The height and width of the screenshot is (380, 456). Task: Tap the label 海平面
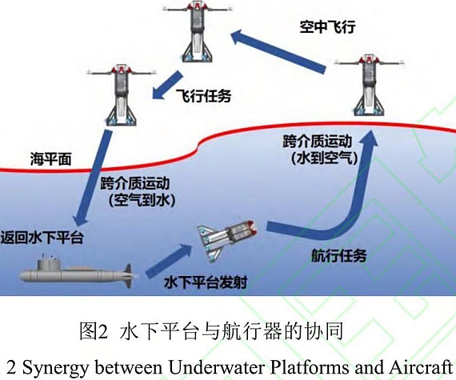click(x=51, y=159)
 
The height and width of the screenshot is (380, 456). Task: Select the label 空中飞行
click(x=327, y=26)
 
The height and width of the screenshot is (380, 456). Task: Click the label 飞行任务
click(x=203, y=96)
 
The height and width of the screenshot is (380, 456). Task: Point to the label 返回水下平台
click(x=42, y=238)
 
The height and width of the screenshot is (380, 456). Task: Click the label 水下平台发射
click(x=206, y=282)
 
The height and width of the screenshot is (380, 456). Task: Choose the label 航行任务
click(x=339, y=256)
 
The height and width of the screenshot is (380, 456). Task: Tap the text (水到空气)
click(x=325, y=158)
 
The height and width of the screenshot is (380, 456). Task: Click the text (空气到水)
click(x=142, y=200)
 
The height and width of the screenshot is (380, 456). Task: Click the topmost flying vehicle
click(x=198, y=31)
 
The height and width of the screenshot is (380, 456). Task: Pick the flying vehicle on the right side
click(x=370, y=85)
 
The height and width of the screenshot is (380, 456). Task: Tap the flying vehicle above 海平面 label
click(x=122, y=95)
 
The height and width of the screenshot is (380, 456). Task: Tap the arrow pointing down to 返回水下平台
click(x=92, y=178)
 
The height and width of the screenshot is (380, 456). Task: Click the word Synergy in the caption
click(x=54, y=367)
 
